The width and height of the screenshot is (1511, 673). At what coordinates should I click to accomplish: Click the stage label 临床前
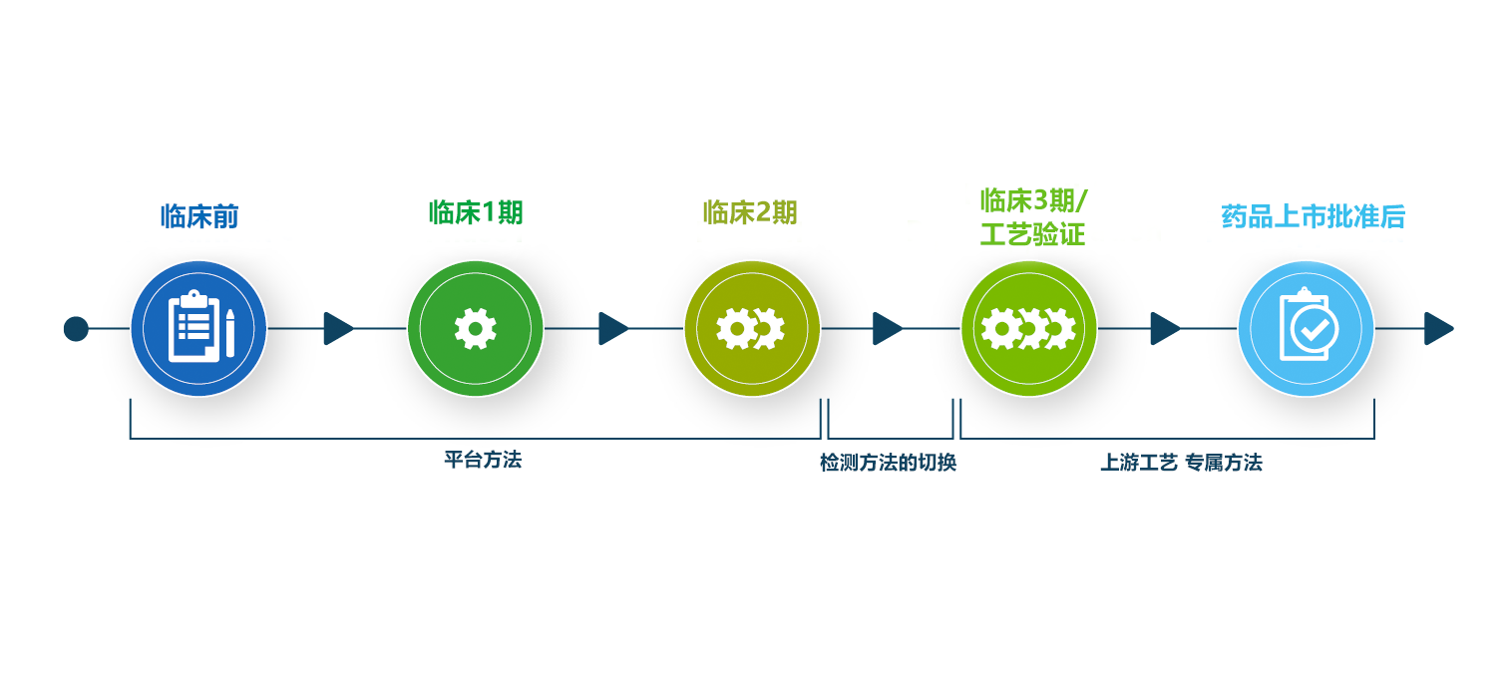click(199, 216)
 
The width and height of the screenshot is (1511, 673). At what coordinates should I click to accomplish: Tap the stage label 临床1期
click(476, 212)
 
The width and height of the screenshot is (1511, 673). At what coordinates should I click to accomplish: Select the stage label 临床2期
click(750, 212)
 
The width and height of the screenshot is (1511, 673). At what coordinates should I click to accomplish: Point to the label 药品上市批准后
click(1314, 216)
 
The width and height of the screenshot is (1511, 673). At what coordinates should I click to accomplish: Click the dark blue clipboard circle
click(198, 328)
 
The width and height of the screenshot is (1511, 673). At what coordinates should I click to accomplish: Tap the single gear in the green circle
click(475, 328)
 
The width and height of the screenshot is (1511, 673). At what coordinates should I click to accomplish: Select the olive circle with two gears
click(751, 328)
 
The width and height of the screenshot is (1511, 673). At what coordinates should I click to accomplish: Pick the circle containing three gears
click(1028, 328)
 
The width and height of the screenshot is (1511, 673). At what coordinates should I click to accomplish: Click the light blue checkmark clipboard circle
click(1306, 328)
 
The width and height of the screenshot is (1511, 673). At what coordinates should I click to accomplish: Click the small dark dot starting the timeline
click(76, 328)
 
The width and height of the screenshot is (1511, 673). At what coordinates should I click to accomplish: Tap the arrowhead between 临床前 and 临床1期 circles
click(338, 328)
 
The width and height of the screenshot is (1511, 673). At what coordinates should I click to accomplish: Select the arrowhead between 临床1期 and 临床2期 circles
click(613, 328)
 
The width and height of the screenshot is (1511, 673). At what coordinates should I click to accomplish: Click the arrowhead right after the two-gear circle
click(888, 328)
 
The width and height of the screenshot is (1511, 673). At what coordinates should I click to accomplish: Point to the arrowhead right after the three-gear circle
click(1165, 328)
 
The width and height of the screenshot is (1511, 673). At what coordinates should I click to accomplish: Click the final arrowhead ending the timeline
click(1438, 328)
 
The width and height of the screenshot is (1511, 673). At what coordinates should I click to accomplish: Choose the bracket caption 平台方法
click(483, 461)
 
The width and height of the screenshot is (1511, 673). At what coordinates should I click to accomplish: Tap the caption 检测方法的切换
click(888, 464)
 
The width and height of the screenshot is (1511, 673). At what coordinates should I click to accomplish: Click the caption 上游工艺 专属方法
click(1181, 464)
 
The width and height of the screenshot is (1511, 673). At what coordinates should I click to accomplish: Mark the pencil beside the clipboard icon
click(230, 332)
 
